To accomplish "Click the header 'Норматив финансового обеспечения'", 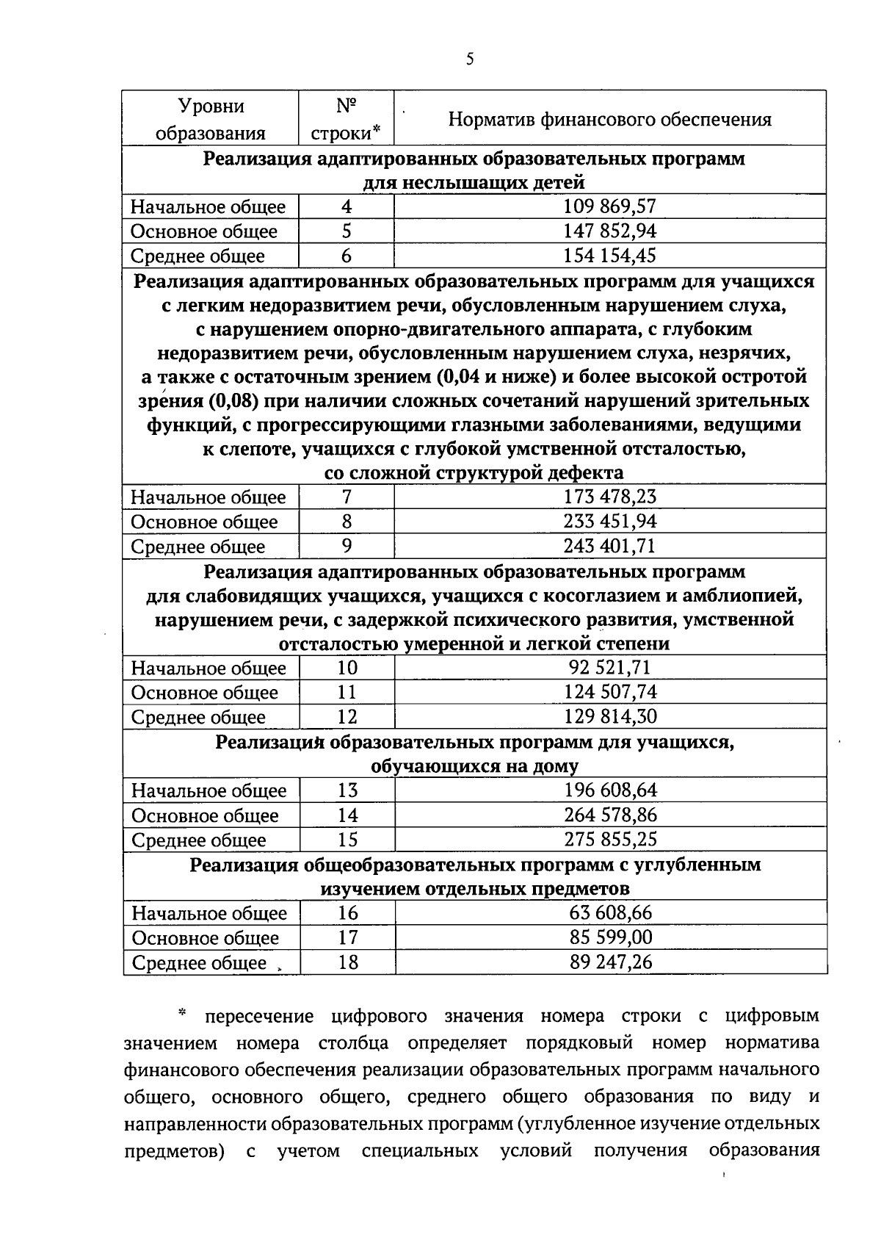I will [609, 119].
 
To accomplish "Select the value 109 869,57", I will [609, 206].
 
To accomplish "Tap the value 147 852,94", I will [609, 231].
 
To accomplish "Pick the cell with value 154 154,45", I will [609, 256].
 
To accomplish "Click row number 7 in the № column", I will [347, 497].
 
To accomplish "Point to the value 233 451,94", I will [609, 522].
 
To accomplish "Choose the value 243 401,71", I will [609, 546].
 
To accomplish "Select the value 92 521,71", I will [609, 668].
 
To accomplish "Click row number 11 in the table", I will [347, 692].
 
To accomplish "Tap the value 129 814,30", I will [610, 716].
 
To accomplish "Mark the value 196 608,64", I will [610, 790].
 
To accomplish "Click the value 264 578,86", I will [610, 815].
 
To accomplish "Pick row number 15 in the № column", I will [347, 839].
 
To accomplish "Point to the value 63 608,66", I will [610, 913].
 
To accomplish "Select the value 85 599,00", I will [610, 937].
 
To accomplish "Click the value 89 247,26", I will [610, 962].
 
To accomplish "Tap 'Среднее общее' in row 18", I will [198, 962].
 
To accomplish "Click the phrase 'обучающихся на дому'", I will [474, 766].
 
